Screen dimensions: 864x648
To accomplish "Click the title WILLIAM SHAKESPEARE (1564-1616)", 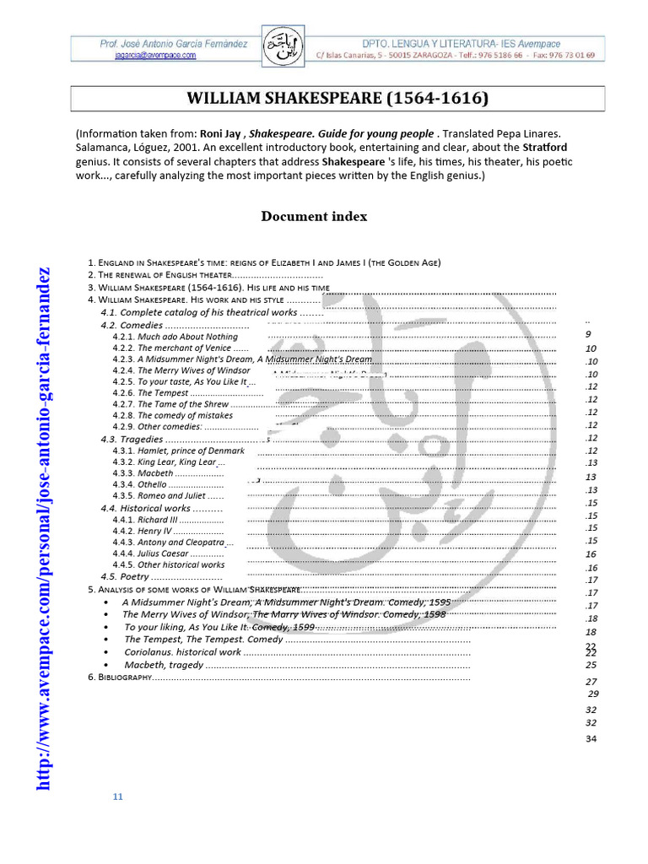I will pyautogui.click(x=337, y=99).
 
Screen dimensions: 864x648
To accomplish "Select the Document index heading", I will pyautogui.click(x=314, y=217).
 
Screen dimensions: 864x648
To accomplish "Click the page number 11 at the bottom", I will pyautogui.click(x=118, y=796).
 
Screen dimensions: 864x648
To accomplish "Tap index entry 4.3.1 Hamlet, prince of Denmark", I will pyautogui.click(x=178, y=451).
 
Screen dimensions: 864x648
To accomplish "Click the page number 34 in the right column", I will pyautogui.click(x=591, y=739).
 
